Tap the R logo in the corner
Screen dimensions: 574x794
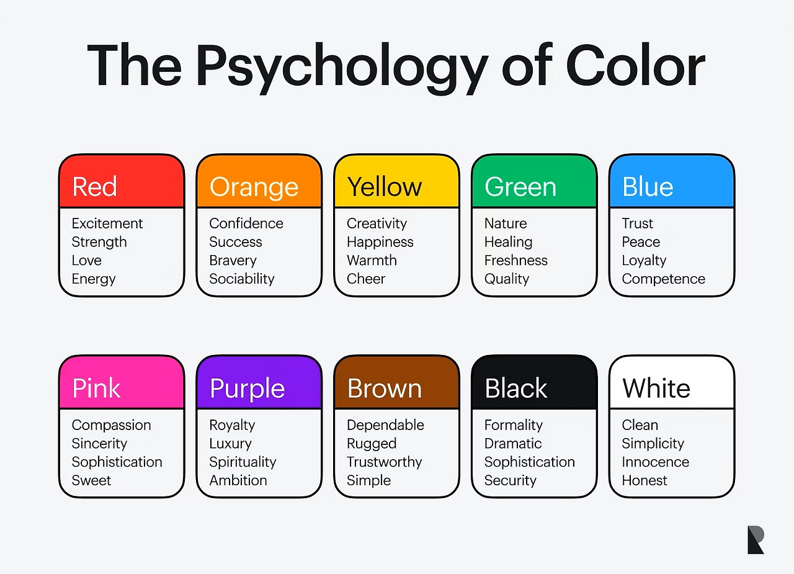coord(756,539)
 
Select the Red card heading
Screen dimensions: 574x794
coord(94,187)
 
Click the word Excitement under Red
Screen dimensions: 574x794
coord(107,223)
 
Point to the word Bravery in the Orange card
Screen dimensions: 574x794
coord(233,261)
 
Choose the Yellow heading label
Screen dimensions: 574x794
coord(385,187)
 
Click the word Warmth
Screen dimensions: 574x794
coord(372,261)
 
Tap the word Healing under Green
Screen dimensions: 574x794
coord(508,242)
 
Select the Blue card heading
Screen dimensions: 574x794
coord(648,187)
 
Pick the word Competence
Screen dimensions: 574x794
coord(663,279)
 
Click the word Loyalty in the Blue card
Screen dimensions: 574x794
coord(644,261)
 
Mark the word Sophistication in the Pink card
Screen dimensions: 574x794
coord(117,462)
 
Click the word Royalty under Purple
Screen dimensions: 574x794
coord(232,425)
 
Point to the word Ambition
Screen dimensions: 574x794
coord(238,480)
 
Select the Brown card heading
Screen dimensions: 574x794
coord(385,388)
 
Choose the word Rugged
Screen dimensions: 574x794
coord(372,444)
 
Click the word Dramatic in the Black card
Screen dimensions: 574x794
coord(513,444)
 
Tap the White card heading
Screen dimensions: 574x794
coord(656,388)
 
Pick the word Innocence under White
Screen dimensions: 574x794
coord(656,462)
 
